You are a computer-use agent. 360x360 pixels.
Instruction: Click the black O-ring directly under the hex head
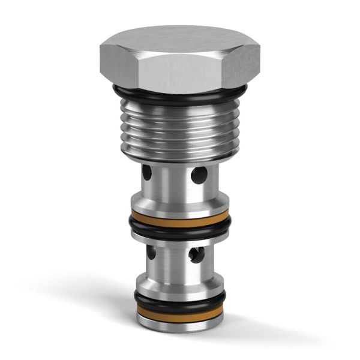tap(180, 96)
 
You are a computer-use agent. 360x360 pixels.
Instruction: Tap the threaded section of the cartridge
tap(180, 129)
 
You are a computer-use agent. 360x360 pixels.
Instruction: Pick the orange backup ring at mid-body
tap(180, 215)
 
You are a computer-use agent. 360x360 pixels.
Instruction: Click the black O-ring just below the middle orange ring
tap(180, 226)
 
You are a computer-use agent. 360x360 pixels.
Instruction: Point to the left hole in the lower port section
tap(151, 253)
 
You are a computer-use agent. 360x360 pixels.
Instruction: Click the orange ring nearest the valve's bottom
tap(180, 310)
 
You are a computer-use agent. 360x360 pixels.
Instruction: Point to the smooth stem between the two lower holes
tap(174, 255)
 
